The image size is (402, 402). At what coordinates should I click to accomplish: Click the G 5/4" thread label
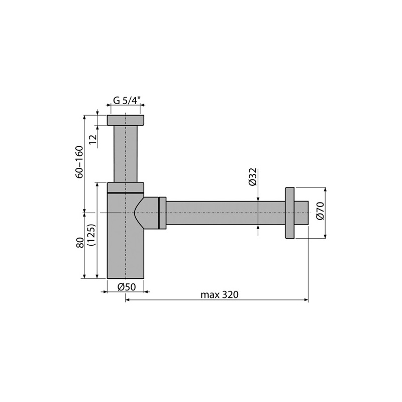[x=127, y=100]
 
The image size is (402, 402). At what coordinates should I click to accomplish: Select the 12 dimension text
[x=93, y=141]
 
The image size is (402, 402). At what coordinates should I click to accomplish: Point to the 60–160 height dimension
[x=80, y=162]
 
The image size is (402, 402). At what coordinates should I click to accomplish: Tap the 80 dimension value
[x=80, y=242]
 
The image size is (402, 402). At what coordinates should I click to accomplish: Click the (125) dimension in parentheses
[x=91, y=235]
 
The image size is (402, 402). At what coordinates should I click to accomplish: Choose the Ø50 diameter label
[x=127, y=287]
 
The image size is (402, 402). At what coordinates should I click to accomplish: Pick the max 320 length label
[x=220, y=295]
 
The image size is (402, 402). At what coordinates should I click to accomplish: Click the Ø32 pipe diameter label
[x=252, y=177]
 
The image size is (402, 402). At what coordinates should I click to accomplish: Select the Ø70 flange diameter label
[x=321, y=211]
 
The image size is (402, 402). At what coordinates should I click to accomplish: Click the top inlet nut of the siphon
[x=125, y=120]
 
